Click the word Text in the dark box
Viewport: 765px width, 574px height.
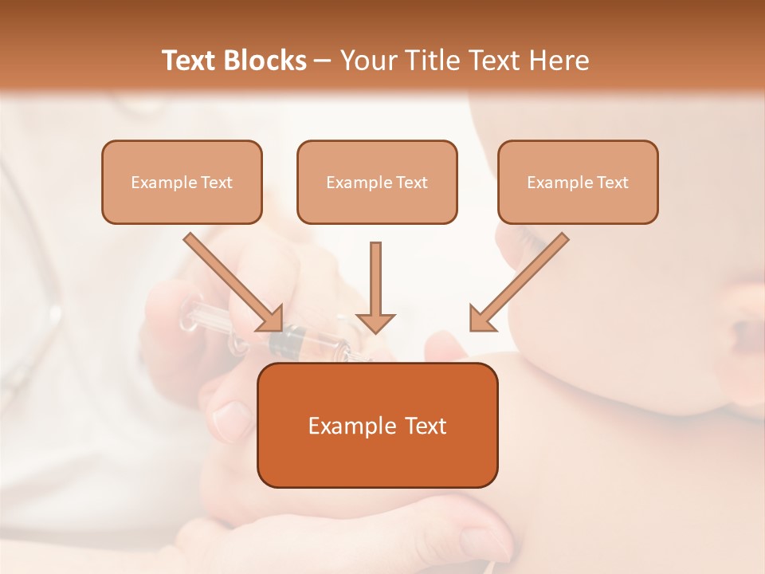pyautogui.click(x=426, y=427)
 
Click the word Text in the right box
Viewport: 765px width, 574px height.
pyautogui.click(x=612, y=183)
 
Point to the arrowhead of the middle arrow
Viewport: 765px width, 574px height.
pyautogui.click(x=375, y=322)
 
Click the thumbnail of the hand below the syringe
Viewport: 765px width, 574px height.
pyautogui.click(x=232, y=419)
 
